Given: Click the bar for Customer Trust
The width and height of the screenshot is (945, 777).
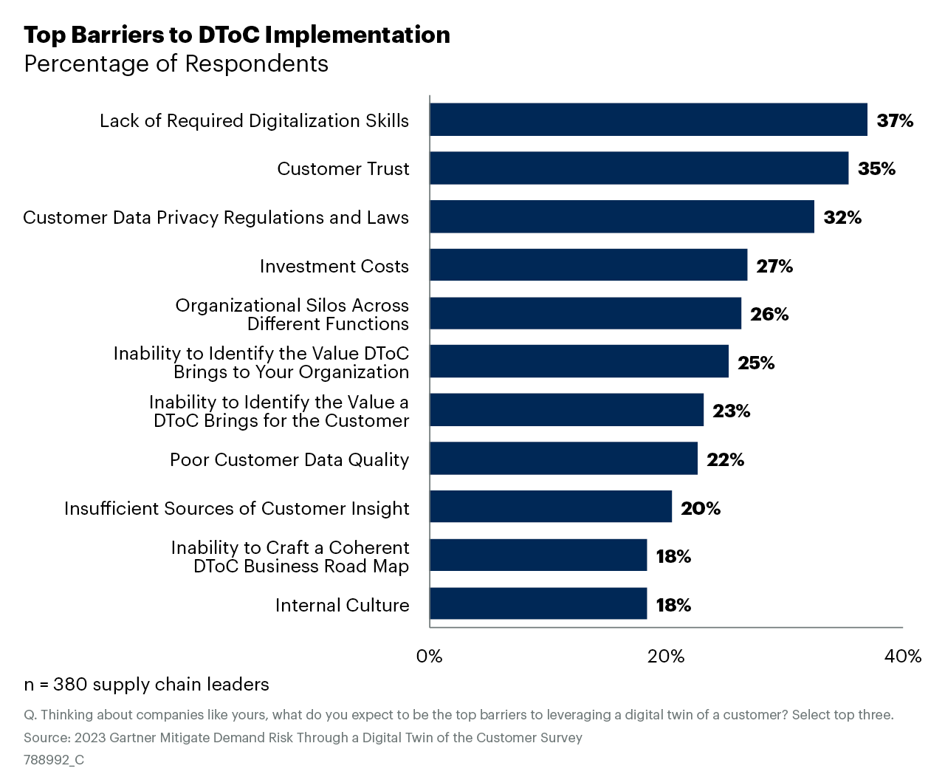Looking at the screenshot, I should pos(639,168).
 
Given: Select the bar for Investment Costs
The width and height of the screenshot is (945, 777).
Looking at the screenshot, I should pos(588,265).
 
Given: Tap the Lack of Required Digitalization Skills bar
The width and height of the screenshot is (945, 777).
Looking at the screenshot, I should pos(648,120).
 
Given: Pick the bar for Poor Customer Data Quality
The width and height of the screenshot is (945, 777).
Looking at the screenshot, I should pos(563,459).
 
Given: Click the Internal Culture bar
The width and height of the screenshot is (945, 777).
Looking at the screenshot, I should pos(538,604).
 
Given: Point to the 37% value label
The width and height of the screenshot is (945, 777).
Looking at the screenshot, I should pos(895,120).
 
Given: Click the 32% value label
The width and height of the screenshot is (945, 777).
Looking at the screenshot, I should pos(842,217).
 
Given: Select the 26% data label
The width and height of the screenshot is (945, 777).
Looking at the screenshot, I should pos(769,314).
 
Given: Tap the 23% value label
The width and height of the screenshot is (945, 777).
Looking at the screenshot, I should pos(731,411).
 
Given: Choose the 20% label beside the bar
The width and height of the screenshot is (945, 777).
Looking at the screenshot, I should pos(700,508).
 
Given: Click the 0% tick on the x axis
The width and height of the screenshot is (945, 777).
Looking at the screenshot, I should pos(430,657).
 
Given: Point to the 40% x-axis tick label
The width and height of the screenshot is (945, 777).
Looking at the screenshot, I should pos(903,657).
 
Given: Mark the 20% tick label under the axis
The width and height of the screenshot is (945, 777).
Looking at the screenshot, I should pos(666,657).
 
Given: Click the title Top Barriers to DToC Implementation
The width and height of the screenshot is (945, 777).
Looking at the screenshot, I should pos(237,35).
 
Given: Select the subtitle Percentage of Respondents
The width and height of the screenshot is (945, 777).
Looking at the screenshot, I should pos(176,64).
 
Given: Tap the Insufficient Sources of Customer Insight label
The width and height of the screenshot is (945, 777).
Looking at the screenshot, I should pos(236,508).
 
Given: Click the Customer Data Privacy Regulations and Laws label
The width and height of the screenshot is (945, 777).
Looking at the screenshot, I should pos(216,217).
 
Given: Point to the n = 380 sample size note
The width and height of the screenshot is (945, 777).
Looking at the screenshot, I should pos(146,685).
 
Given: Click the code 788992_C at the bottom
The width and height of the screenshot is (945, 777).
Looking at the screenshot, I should pos(54,760).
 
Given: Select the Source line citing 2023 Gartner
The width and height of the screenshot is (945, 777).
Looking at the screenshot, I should pos(303,738).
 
